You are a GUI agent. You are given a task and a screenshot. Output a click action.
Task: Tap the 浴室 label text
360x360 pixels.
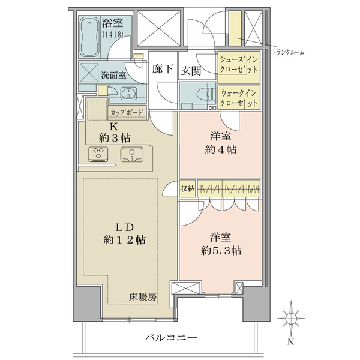point(113,23)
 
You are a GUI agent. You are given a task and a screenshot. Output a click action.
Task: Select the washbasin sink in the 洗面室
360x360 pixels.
point(128,94)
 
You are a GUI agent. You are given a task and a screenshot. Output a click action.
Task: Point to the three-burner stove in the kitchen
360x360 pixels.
point(98,154)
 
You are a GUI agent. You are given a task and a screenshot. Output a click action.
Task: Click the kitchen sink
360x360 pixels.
point(132,154)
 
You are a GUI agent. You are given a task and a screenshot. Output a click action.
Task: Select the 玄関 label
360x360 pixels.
point(191,71)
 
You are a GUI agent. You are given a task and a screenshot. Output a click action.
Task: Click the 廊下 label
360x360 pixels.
point(163,69)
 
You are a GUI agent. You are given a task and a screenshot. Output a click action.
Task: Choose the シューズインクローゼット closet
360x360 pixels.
point(239,67)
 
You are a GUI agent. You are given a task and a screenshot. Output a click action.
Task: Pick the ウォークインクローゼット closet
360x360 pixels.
point(239,97)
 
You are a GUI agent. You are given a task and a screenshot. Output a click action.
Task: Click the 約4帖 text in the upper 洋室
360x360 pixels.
point(221,150)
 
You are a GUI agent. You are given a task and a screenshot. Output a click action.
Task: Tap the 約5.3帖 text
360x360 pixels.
point(221,250)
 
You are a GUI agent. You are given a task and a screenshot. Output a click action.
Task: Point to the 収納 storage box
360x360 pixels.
point(187,189)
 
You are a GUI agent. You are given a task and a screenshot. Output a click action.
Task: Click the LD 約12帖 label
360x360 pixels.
point(124,234)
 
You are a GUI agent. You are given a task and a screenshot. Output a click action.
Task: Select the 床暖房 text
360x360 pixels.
point(142,298)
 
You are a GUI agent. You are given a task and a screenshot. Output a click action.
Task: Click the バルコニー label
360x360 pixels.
point(171,337)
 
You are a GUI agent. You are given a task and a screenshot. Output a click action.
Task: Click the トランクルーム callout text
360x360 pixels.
point(288,53)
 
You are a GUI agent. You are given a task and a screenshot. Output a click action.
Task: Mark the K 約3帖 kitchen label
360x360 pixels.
point(115,133)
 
